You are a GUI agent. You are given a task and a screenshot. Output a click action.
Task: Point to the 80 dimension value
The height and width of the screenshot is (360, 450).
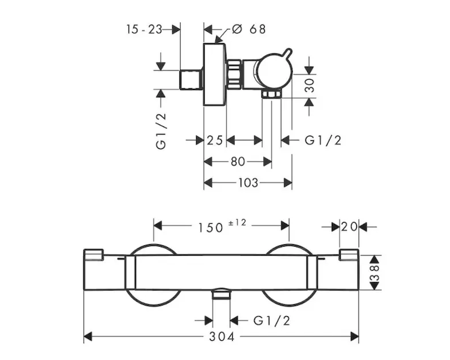coord(238,161)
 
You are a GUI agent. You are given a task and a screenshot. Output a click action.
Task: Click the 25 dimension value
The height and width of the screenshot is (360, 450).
coord(215,140)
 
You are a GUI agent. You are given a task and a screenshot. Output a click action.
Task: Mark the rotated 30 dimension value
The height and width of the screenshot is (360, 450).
coord(310,85)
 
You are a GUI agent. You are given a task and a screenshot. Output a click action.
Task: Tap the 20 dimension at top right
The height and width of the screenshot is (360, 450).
coord(349,227)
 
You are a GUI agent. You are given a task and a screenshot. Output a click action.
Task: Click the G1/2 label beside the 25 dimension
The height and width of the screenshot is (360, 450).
coord(323,140)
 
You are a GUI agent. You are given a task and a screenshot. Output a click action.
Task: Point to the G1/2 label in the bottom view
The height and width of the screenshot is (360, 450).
coord(272,321)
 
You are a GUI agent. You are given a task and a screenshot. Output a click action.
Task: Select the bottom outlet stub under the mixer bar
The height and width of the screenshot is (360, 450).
coord(222,294)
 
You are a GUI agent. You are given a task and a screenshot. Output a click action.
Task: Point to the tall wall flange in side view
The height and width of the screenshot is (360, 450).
coord(214,74)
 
